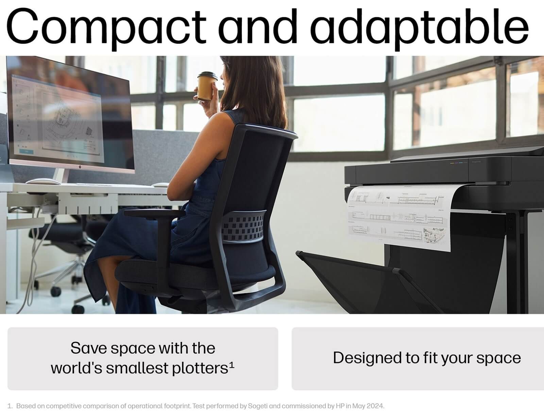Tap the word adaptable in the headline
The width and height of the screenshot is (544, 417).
[421, 28]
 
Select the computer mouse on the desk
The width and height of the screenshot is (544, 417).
[43, 181]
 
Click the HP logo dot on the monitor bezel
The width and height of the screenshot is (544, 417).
[80, 167]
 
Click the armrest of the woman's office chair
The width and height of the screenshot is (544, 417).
[154, 213]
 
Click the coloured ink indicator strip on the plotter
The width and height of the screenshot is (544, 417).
[458, 163]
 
